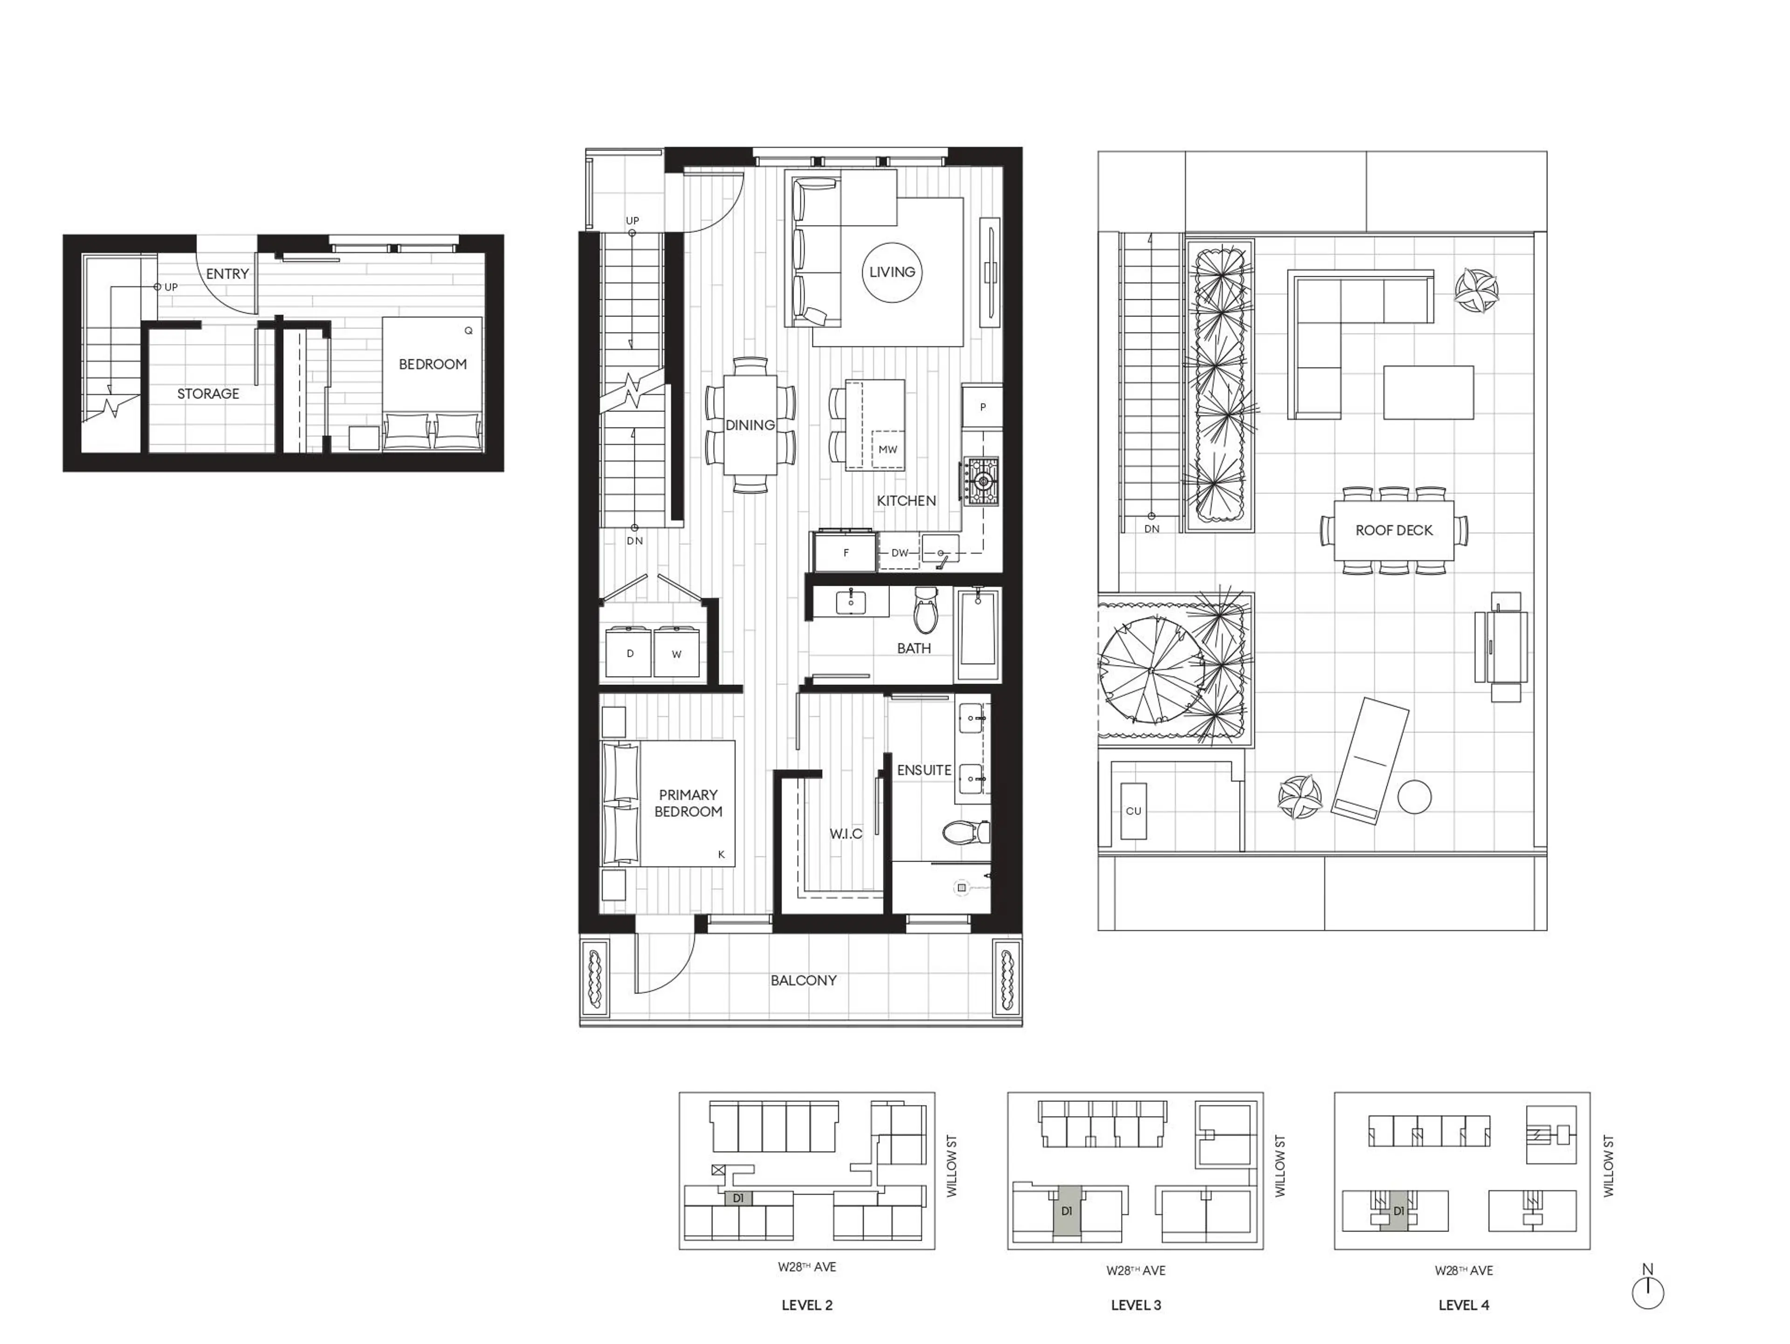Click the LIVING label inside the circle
pyautogui.click(x=892, y=272)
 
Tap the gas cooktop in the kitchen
pyautogui.click(x=982, y=481)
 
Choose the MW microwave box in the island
pyautogui.click(x=888, y=449)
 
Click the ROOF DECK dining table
pyautogui.click(x=1393, y=530)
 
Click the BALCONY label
pyautogui.click(x=803, y=980)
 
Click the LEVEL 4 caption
pyautogui.click(x=1463, y=1304)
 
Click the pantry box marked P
pyautogui.click(x=982, y=407)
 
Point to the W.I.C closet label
pyautogui.click(x=846, y=833)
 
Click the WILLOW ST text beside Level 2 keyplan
pyautogui.click(x=952, y=1165)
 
